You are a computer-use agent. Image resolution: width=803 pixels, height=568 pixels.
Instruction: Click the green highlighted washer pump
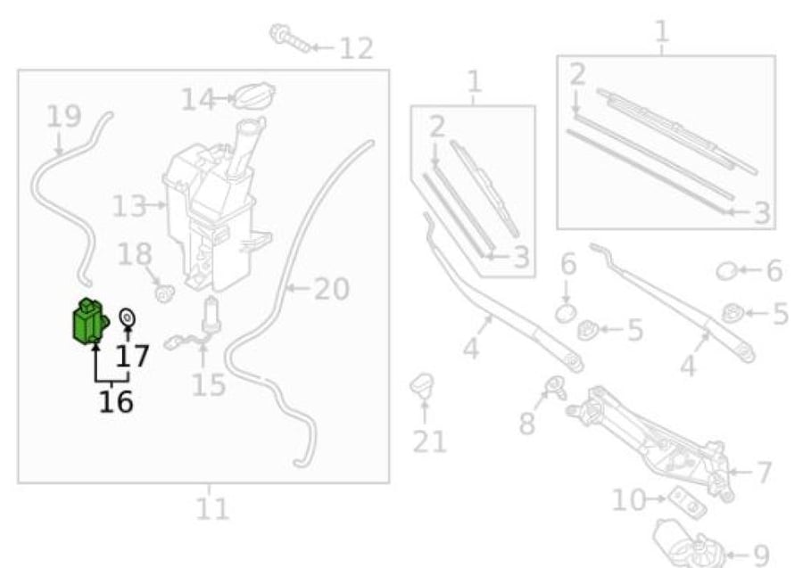coord(89,321)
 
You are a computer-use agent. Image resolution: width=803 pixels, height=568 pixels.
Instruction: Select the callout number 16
coord(116,401)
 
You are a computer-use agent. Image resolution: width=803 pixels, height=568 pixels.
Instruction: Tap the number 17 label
coord(132,356)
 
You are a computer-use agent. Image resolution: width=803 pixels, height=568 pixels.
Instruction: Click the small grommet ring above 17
coord(127,317)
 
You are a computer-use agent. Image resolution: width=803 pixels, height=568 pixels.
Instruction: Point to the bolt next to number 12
coord(289,37)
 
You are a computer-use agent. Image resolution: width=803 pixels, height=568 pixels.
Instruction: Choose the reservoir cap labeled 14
coord(254,95)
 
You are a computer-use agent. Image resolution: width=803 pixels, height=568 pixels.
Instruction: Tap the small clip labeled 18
coord(164,293)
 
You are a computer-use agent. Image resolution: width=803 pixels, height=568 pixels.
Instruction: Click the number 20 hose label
coord(331,289)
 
